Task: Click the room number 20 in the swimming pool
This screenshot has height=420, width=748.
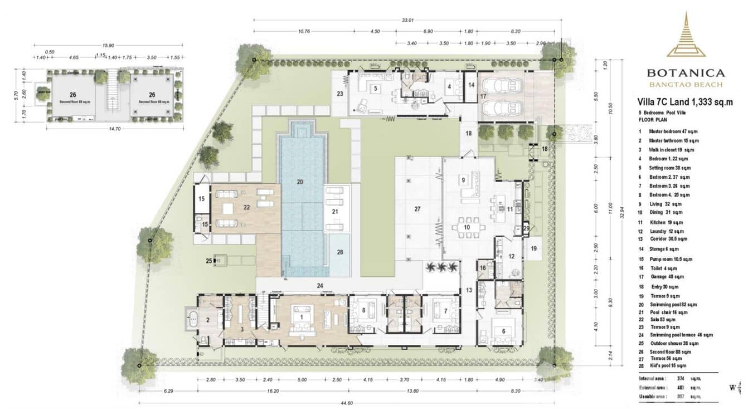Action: point(299,182)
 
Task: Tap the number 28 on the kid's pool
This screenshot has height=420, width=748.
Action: point(340,252)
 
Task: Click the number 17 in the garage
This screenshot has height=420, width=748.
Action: point(483,96)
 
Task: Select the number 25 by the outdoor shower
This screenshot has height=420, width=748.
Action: point(209,260)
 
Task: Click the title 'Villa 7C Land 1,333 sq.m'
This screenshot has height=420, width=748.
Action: point(684,102)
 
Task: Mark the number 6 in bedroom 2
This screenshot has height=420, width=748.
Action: point(503,330)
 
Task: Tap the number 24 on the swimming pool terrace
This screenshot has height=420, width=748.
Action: point(320,286)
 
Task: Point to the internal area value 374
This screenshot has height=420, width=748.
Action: point(680,378)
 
